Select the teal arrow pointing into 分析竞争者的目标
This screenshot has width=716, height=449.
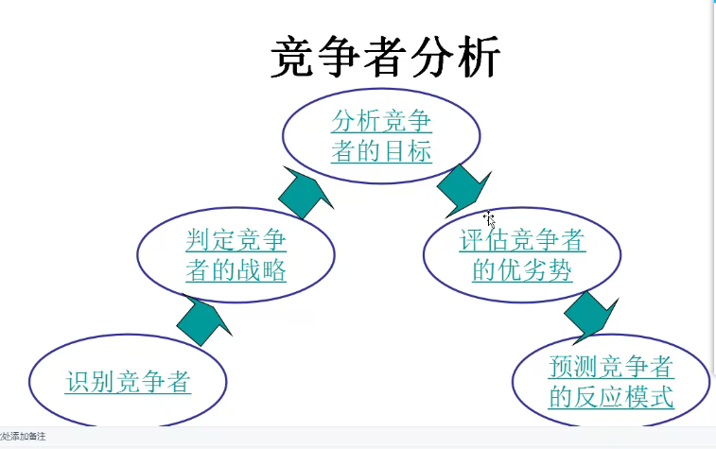tap(306, 192)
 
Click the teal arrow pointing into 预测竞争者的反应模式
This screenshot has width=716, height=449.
tap(590, 316)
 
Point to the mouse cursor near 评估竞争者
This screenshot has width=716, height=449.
tap(489, 219)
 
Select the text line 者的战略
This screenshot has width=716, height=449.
tap(236, 270)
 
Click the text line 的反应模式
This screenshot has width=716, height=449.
tap(611, 396)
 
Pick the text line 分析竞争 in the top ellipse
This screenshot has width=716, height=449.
tap(381, 121)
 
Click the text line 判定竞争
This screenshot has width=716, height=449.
tap(236, 241)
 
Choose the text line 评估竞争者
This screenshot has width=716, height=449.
tap(522, 241)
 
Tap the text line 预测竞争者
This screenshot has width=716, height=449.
tap(611, 367)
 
